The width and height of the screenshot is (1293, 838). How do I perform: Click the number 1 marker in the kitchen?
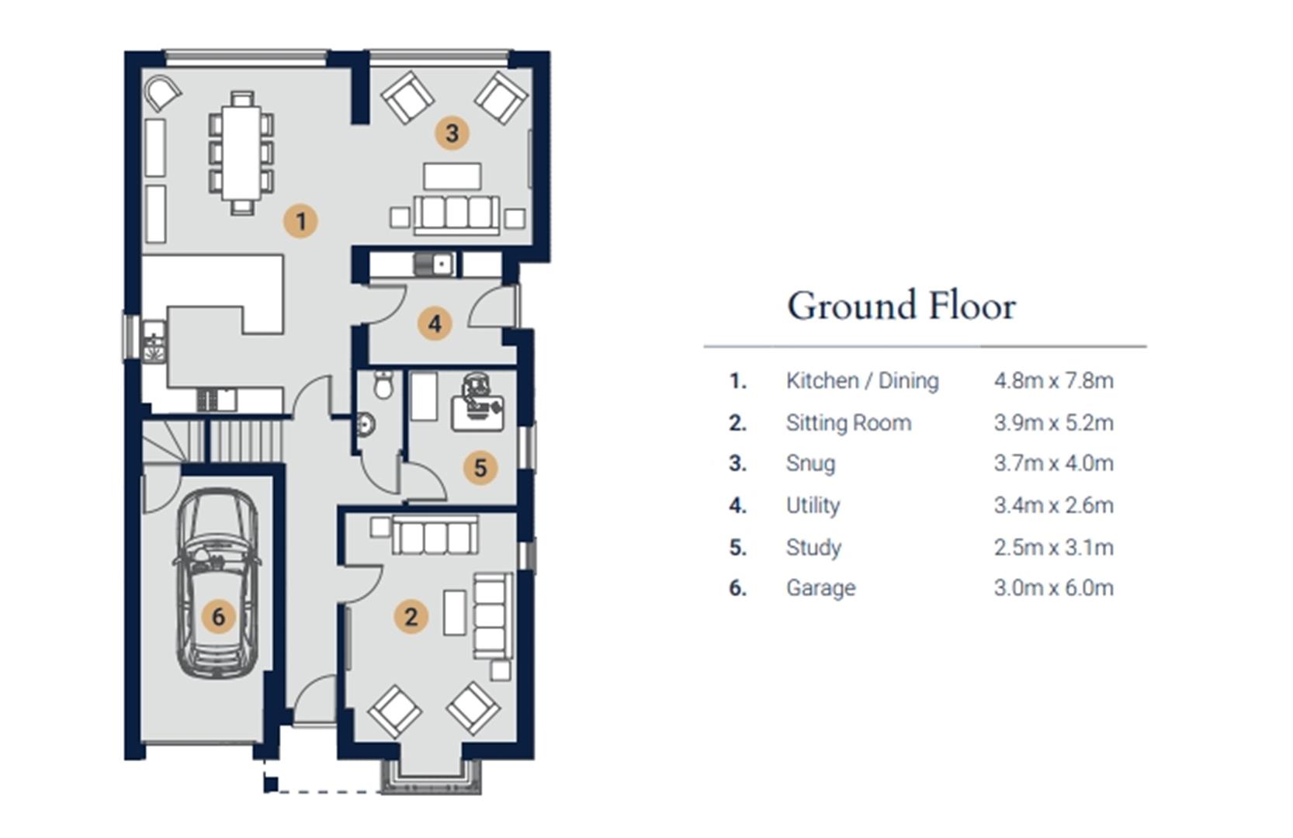(300, 221)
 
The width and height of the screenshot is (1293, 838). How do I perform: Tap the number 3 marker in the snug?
(452, 133)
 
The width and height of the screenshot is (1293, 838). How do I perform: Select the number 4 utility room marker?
(435, 324)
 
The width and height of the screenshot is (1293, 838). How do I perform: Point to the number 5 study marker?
(480, 467)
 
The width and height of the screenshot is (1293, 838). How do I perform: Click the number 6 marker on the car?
(218, 616)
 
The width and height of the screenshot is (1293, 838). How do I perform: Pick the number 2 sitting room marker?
(411, 616)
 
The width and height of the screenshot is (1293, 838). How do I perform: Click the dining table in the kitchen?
(242, 153)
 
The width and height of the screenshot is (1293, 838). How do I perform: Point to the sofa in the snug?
(456, 215)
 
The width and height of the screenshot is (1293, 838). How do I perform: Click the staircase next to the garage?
(213, 441)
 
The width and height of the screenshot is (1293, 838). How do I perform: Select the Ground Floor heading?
(902, 306)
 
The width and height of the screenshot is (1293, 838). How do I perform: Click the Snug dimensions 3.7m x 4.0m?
(1053, 463)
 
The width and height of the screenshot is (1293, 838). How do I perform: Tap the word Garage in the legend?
(821, 588)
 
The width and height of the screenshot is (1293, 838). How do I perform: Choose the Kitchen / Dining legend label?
(862, 381)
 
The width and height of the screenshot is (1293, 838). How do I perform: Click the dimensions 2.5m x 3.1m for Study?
(1053, 547)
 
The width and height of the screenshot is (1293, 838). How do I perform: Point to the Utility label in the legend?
(813, 506)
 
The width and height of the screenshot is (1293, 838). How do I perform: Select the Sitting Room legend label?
(848, 423)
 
